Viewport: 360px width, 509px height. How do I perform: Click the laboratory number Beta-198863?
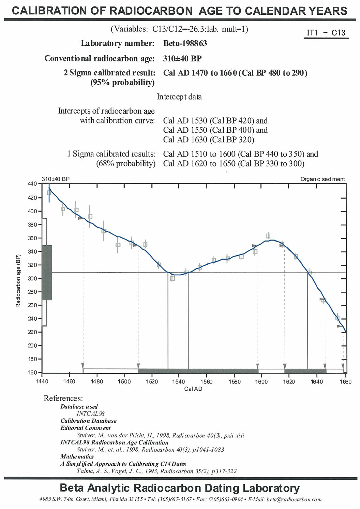point(185,43)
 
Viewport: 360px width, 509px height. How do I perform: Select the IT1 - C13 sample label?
point(326,33)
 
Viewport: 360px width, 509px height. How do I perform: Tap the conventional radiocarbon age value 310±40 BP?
point(182,58)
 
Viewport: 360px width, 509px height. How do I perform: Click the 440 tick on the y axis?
point(32,184)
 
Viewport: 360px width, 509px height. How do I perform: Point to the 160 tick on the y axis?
point(32,373)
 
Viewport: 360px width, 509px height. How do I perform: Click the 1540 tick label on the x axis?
point(178,381)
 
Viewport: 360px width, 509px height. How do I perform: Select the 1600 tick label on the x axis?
point(261,381)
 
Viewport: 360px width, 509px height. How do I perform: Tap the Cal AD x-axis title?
point(193,389)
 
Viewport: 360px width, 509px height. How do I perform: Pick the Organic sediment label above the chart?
point(322,179)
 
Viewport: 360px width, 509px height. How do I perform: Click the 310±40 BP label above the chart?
point(56,179)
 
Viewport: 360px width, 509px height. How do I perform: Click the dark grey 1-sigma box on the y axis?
point(47,273)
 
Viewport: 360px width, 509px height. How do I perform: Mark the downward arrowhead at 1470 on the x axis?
point(83,366)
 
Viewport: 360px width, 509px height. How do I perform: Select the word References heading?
point(63,398)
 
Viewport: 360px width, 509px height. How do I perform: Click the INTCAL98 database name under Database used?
point(90,413)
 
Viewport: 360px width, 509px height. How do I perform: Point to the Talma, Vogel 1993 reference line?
point(156,471)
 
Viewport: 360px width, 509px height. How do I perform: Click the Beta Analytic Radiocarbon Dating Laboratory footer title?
point(180,488)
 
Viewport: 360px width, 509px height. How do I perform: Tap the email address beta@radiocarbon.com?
point(294,499)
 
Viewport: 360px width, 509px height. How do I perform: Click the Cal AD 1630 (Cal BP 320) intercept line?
point(209,140)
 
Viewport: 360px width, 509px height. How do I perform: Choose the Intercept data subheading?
point(179,97)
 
